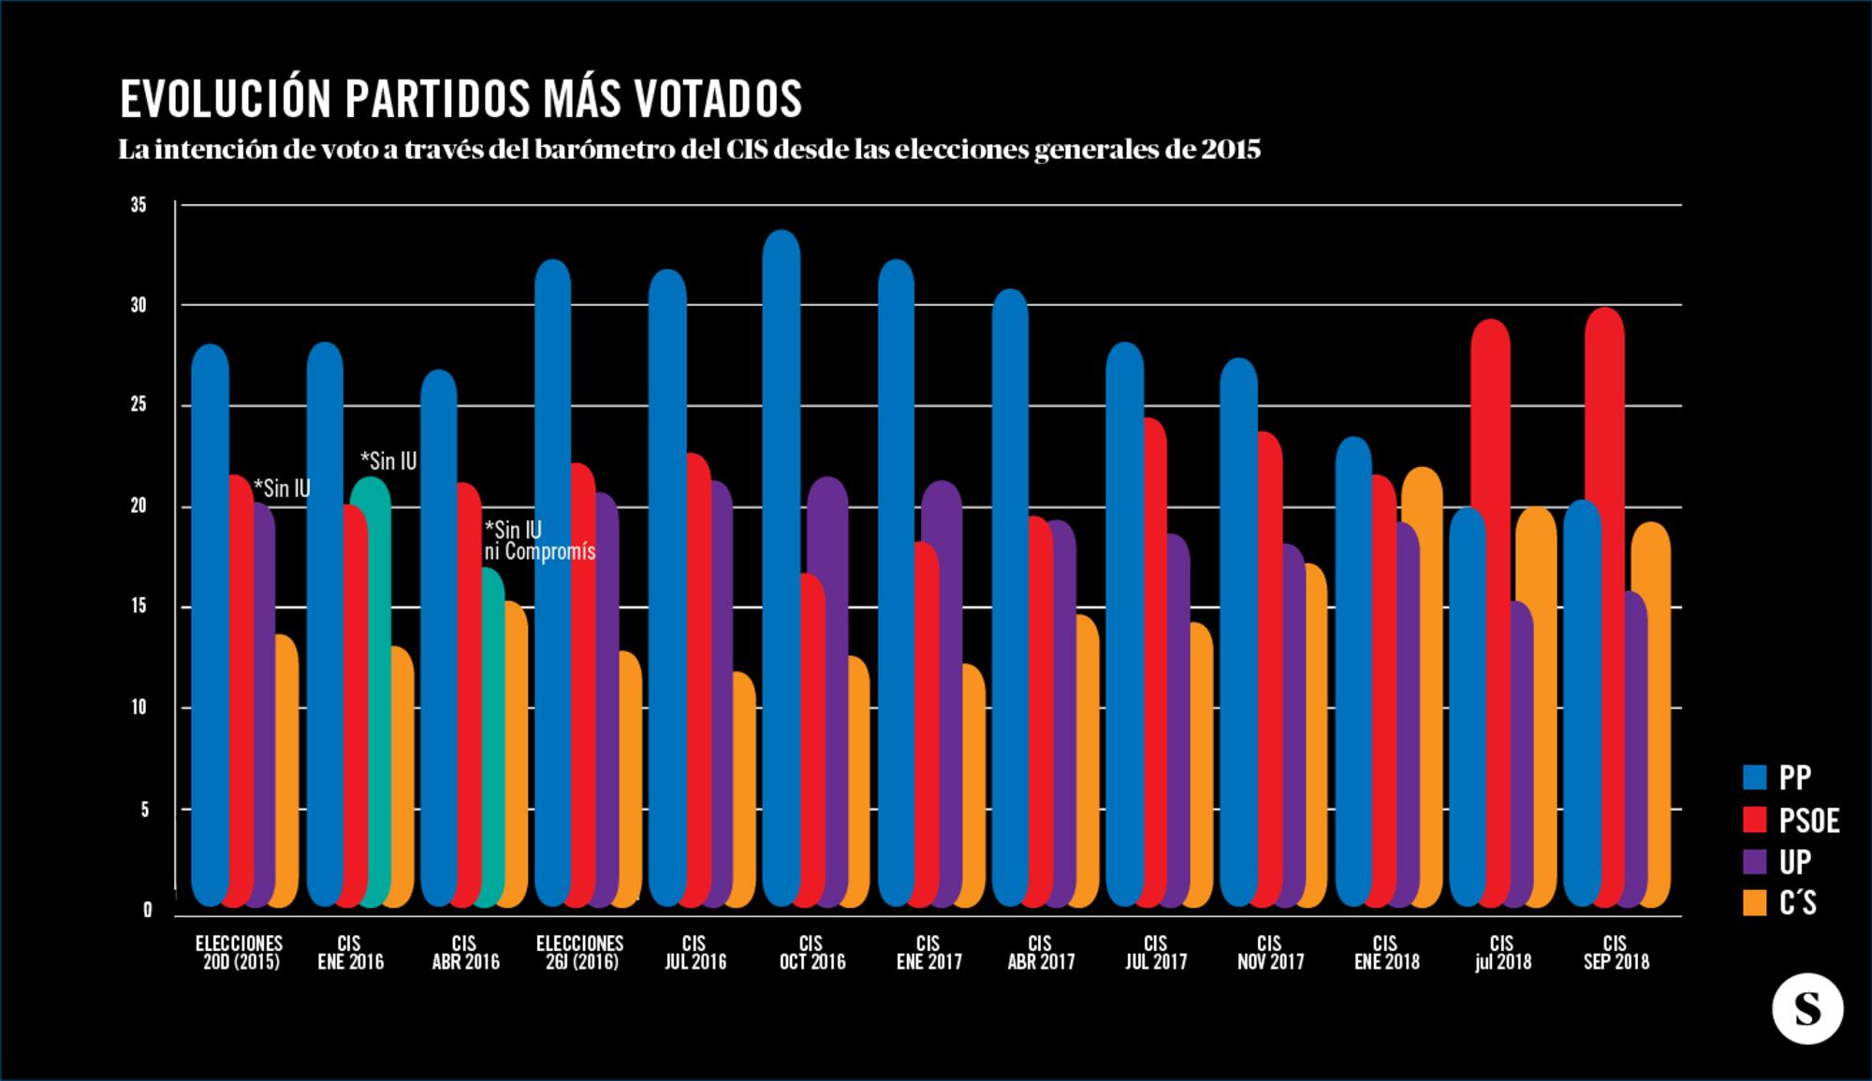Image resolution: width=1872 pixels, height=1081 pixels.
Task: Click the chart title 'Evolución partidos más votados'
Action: tap(461, 98)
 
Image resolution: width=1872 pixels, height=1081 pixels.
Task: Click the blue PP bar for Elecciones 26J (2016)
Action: tap(552, 580)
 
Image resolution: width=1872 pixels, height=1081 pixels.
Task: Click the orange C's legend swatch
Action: tap(1754, 902)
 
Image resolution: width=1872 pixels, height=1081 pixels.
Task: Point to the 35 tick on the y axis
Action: tap(139, 205)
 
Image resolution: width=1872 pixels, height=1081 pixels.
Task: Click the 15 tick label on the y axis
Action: tap(139, 606)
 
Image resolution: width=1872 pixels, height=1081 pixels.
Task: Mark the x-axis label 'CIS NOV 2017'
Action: tap(1270, 953)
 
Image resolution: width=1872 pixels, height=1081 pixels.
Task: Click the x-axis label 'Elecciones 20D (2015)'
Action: tap(240, 953)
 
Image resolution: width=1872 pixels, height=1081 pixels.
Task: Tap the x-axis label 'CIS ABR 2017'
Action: tap(1041, 953)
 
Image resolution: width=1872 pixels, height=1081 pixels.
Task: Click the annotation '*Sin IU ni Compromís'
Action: tap(538, 541)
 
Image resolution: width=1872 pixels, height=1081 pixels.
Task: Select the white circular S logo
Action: tap(1807, 1010)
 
